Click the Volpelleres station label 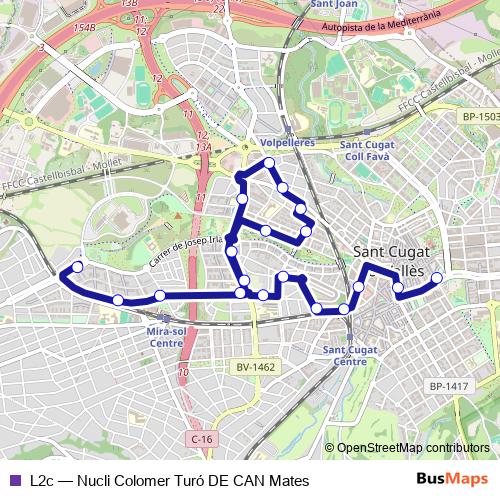tap(286, 143)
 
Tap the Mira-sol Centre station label tap(165, 335)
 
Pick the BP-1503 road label tap(480, 117)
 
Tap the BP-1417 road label tap(449, 386)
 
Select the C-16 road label tap(201, 439)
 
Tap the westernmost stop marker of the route tap(77, 267)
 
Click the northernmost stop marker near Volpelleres tap(268, 162)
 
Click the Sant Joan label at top tap(334, 4)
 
